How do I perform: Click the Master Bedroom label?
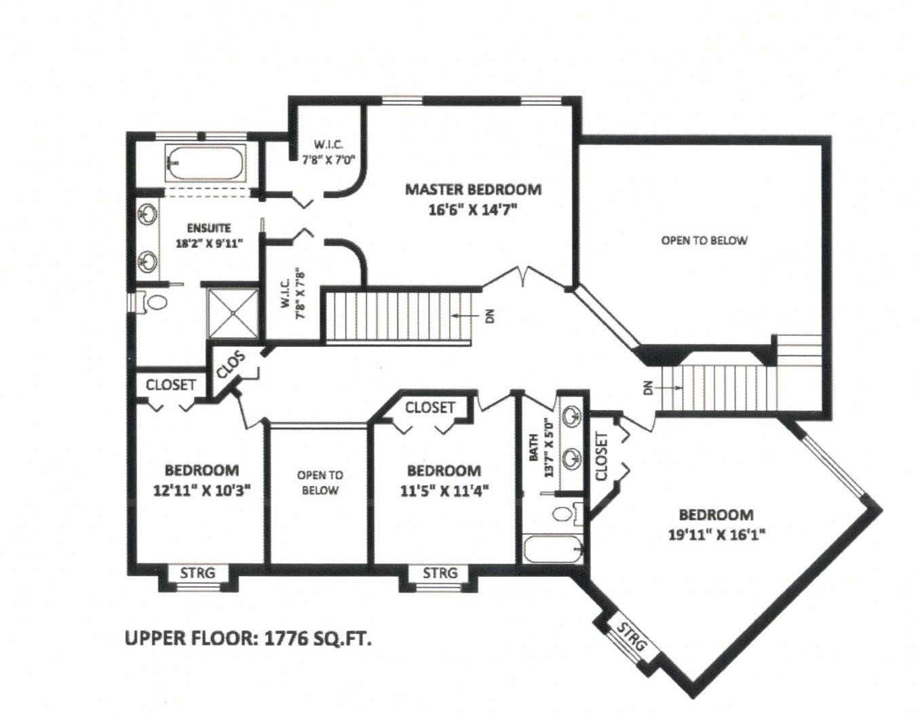[474, 189]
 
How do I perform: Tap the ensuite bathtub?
[205, 163]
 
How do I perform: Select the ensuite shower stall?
[233, 313]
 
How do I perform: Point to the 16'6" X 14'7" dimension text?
[474, 210]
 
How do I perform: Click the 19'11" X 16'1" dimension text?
[716, 535]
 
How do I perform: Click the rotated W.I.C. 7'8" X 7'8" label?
[292, 293]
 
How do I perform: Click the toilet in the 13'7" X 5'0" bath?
[565, 514]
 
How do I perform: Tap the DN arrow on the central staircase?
[462, 315]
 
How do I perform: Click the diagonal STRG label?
[632, 636]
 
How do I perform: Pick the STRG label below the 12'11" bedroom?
[197, 573]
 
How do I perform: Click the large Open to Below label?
[704, 240]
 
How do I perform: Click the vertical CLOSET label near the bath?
[602, 457]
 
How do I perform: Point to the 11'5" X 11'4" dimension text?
[444, 491]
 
